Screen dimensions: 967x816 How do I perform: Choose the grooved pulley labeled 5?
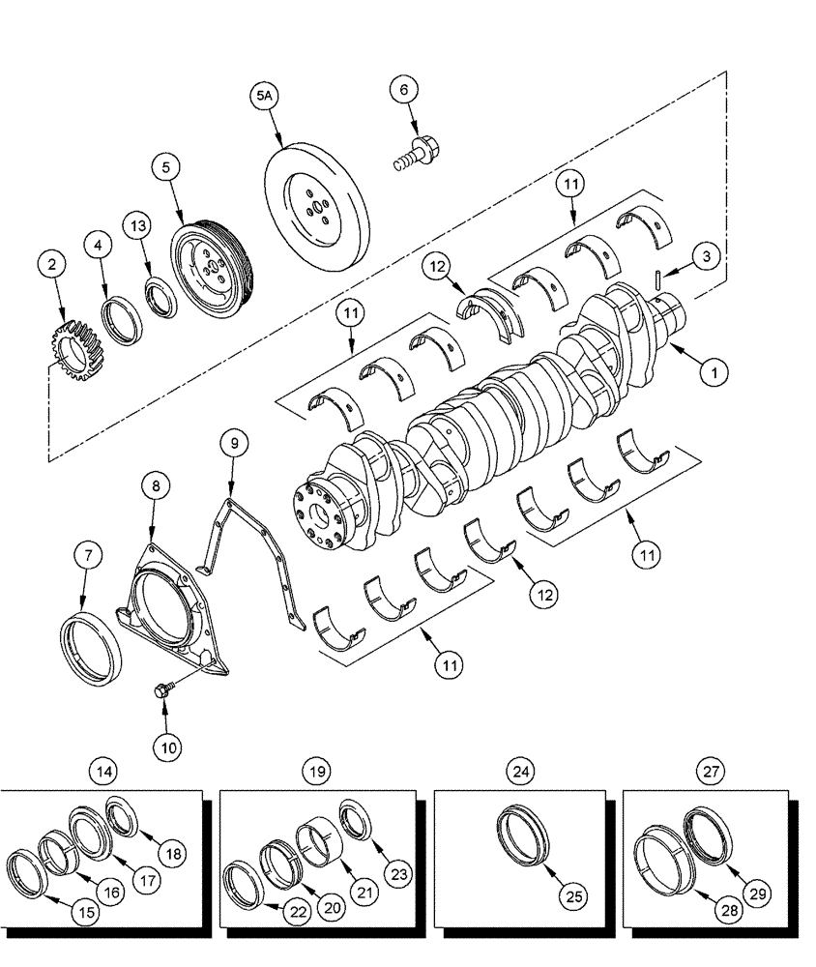(x=215, y=268)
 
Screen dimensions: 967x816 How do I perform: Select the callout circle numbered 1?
(x=714, y=369)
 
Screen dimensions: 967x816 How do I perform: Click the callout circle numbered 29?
(x=758, y=894)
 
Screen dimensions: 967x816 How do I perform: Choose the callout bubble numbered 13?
(x=138, y=225)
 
